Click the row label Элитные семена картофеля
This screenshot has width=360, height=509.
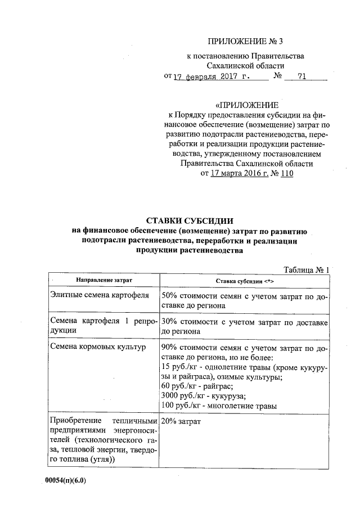click(x=100, y=295)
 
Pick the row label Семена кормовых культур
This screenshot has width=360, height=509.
click(x=97, y=347)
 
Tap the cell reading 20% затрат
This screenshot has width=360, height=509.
click(x=181, y=421)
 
